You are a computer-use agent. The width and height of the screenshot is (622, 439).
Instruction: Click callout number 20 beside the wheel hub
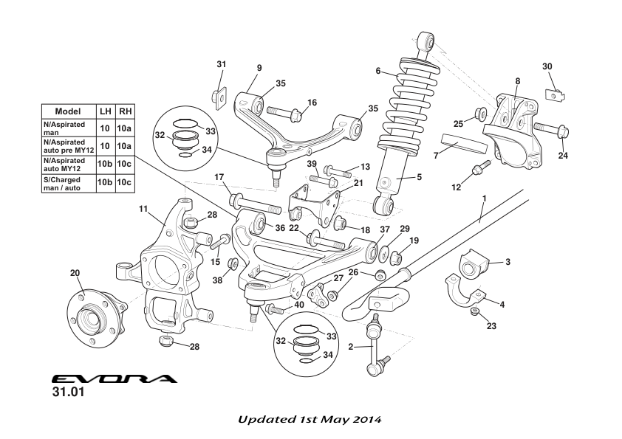[75, 273]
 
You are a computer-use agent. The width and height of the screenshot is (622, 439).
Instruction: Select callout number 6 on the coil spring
[378, 72]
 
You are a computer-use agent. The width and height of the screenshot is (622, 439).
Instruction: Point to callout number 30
[547, 66]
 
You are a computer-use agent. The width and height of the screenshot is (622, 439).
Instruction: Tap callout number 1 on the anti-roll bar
[484, 198]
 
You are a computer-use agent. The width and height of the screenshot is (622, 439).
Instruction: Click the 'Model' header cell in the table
[68, 111]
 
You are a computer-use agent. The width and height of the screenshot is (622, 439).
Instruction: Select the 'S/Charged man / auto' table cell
[68, 183]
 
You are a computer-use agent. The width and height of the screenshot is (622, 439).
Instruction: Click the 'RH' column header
[126, 111]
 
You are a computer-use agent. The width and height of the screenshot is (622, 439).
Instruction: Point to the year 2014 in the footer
[365, 420]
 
